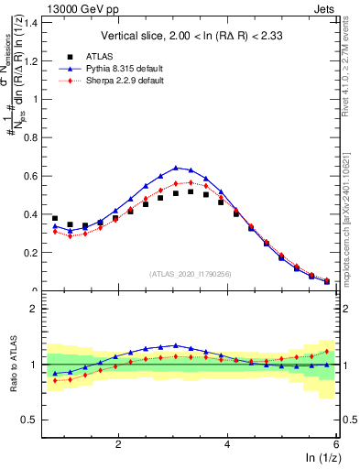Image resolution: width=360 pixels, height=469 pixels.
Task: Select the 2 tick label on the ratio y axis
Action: click(34, 309)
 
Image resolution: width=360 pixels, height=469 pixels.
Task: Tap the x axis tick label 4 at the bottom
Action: click(227, 444)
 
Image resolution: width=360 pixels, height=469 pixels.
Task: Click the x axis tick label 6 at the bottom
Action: click(336, 444)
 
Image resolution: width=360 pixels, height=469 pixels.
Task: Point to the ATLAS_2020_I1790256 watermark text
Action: click(191, 273)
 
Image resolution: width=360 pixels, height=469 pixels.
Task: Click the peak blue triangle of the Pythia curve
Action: click(176, 168)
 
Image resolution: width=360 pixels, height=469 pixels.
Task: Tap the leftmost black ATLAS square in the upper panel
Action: click(55, 218)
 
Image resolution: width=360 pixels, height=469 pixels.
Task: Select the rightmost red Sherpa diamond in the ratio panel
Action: click(327, 351)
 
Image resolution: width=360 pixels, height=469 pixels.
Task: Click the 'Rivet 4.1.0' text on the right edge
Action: click(351, 41)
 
